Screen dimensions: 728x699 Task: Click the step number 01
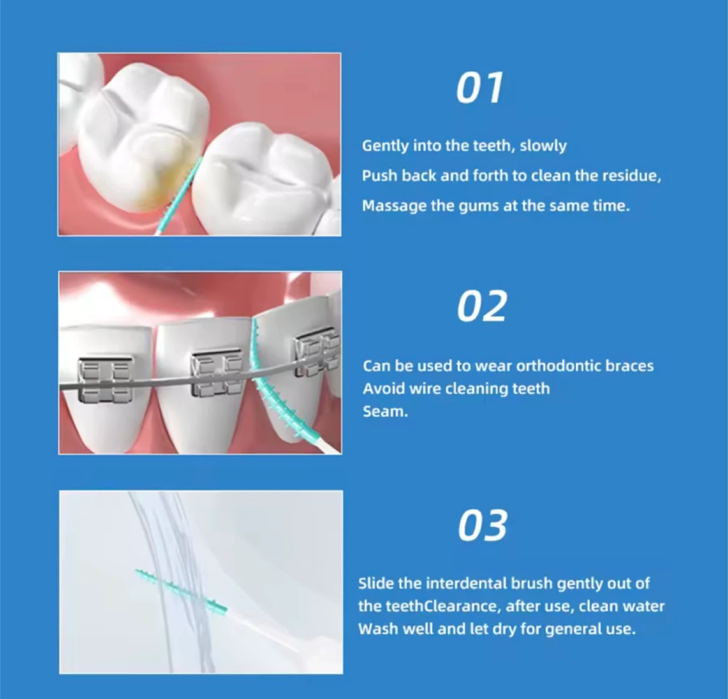coord(480,88)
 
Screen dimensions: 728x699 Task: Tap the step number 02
coord(482,307)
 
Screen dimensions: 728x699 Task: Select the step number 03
coord(483,526)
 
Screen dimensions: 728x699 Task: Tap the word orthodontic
coord(559,366)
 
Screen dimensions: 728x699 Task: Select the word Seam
coord(385,412)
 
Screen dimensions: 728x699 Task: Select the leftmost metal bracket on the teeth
coord(105,379)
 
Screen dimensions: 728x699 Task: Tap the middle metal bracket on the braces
coord(216,373)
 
